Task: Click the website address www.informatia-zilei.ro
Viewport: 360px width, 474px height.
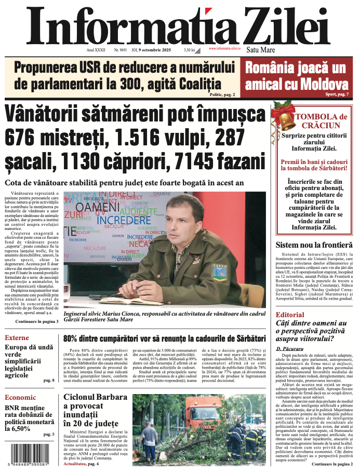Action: (224, 48)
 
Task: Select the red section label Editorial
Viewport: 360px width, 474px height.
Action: (290, 315)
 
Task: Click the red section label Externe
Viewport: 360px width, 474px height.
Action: (17, 338)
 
